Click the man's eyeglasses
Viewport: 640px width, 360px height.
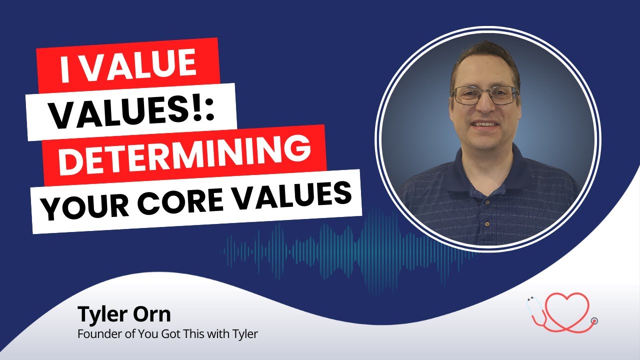[485, 95]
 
